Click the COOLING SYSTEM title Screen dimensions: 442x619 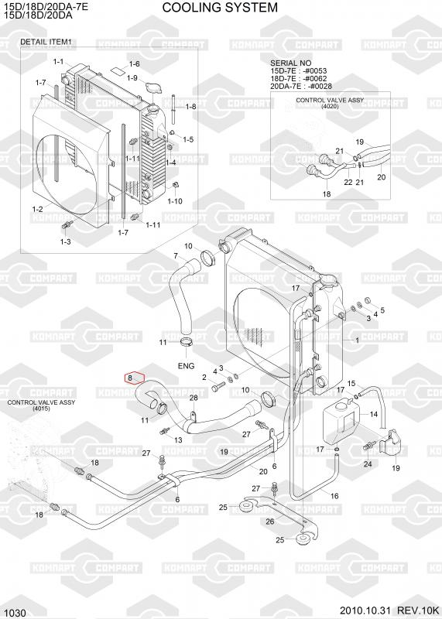(220, 8)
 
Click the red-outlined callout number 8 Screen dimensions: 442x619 (130, 378)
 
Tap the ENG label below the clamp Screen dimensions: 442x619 (186, 366)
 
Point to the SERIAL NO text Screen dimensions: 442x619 (290, 63)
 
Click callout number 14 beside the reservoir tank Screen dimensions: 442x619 (374, 414)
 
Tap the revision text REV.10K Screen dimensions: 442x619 (418, 610)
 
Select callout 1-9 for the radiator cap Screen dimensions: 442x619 (132, 78)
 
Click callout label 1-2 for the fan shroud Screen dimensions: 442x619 (37, 209)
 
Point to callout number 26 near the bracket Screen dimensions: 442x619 (270, 522)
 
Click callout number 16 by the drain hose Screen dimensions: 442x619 (334, 496)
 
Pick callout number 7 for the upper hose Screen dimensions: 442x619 (176, 256)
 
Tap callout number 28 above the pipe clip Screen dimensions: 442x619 (194, 398)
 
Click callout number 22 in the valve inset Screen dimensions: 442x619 (348, 182)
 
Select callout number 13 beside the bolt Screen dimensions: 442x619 (178, 439)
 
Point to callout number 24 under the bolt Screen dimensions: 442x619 (368, 463)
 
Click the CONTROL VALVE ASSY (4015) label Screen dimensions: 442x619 (41, 405)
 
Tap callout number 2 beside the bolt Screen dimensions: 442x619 (204, 378)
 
